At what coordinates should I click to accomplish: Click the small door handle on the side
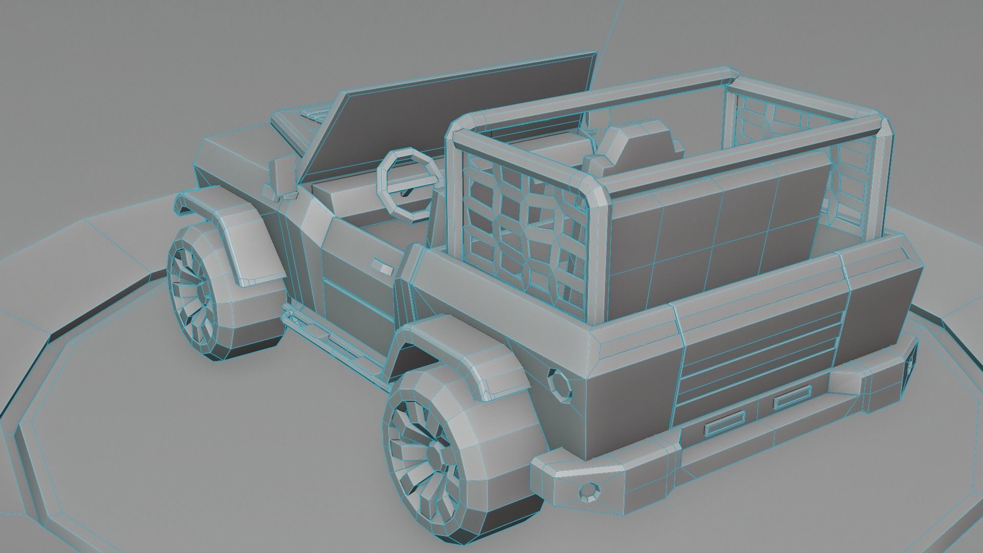[382, 267]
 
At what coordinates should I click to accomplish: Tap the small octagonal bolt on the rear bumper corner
[591, 493]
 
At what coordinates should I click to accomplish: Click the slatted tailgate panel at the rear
[758, 358]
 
